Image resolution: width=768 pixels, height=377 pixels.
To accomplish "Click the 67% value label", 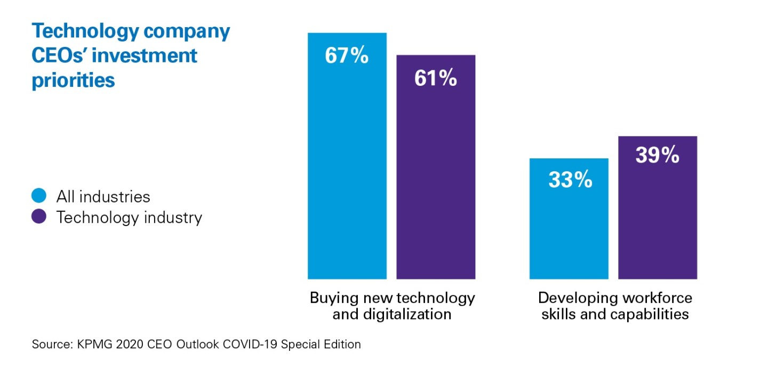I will click(x=347, y=55).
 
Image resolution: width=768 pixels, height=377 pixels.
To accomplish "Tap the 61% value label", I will click(x=435, y=78).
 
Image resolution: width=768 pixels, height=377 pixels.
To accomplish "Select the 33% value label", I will click(x=570, y=180).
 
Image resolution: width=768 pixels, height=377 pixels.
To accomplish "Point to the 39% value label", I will click(x=657, y=155).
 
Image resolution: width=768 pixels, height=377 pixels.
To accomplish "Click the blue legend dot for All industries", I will click(x=40, y=196).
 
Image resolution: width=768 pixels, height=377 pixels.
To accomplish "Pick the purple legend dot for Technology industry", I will click(x=40, y=218).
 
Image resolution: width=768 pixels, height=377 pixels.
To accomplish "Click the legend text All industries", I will click(x=103, y=196).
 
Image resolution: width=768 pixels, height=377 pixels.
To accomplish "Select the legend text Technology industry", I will click(x=129, y=218).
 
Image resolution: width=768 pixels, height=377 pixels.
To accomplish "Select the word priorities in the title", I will click(x=74, y=80).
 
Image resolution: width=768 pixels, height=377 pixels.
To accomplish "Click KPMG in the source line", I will click(x=90, y=344).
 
